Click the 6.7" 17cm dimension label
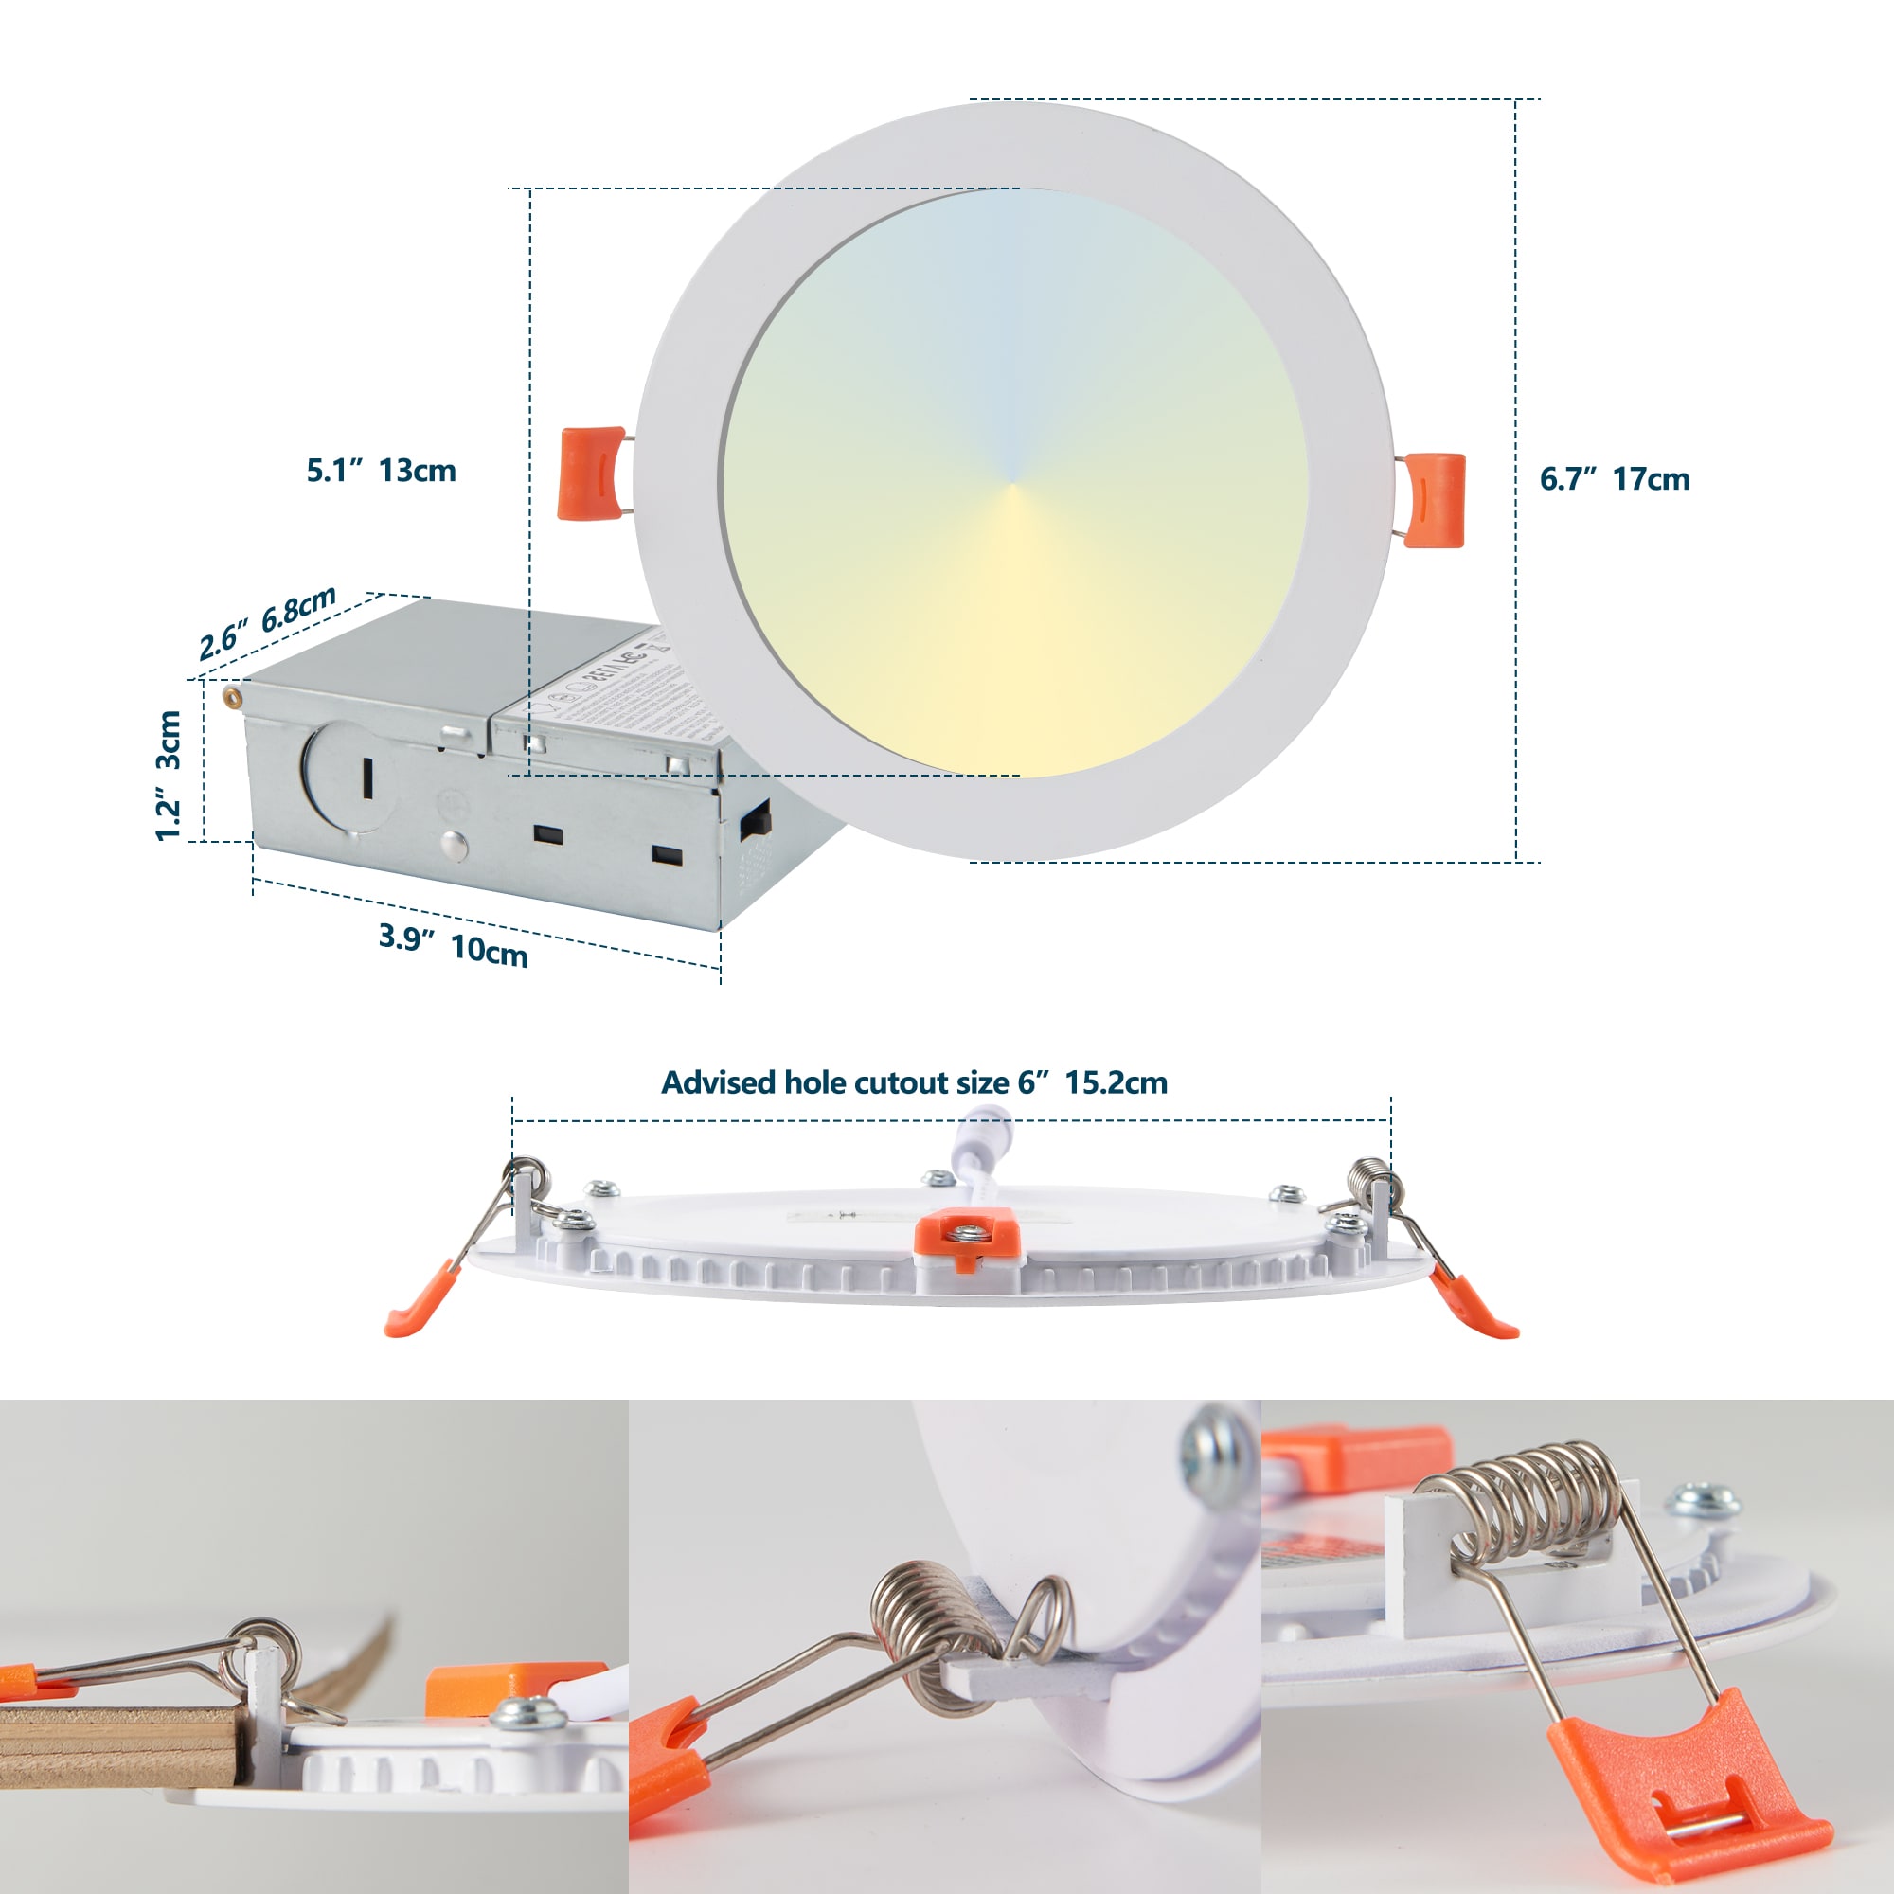(x=1615, y=478)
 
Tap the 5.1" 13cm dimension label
(x=382, y=471)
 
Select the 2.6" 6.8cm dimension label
(x=268, y=623)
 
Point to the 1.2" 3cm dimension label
(x=169, y=776)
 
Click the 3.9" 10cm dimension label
(x=453, y=945)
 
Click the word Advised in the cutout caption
(x=719, y=1082)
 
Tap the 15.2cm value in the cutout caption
(x=1117, y=1082)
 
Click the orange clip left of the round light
(x=590, y=472)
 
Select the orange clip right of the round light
(x=1434, y=499)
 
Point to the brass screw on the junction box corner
(x=232, y=695)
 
